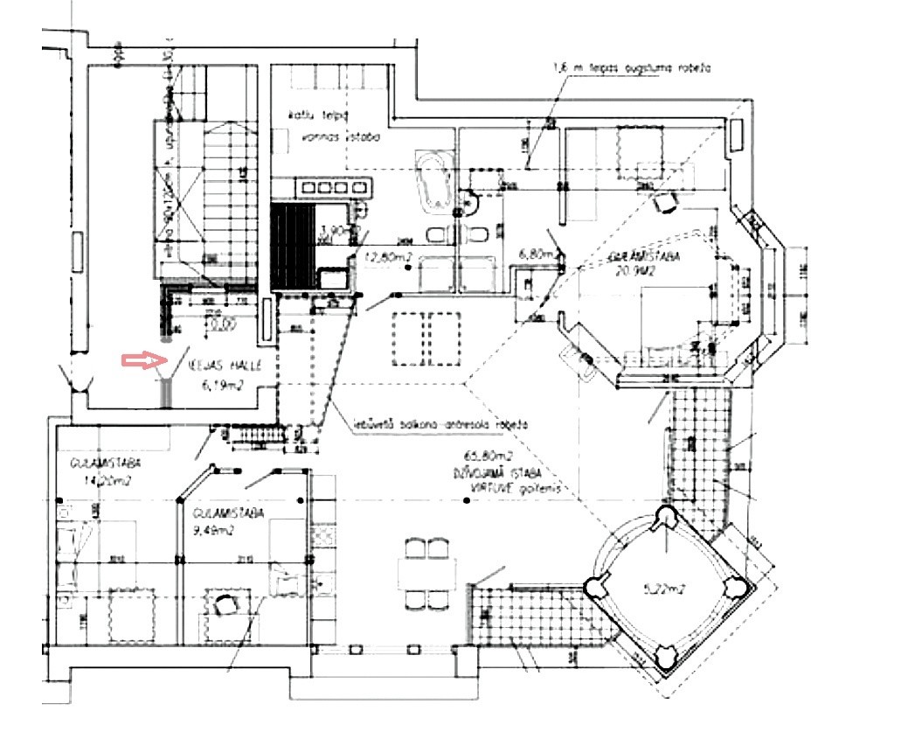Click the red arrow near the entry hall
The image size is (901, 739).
142,359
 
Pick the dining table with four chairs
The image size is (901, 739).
426,575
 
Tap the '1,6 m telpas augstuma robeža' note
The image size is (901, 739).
630,67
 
